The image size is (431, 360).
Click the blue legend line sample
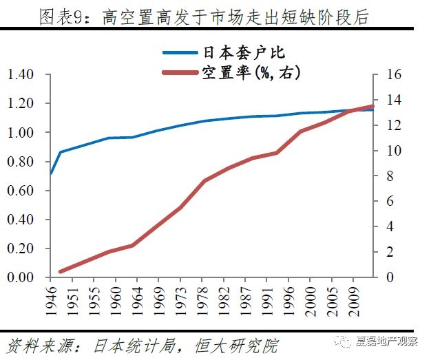point(181,52)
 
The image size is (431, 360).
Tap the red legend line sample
point(181,72)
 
